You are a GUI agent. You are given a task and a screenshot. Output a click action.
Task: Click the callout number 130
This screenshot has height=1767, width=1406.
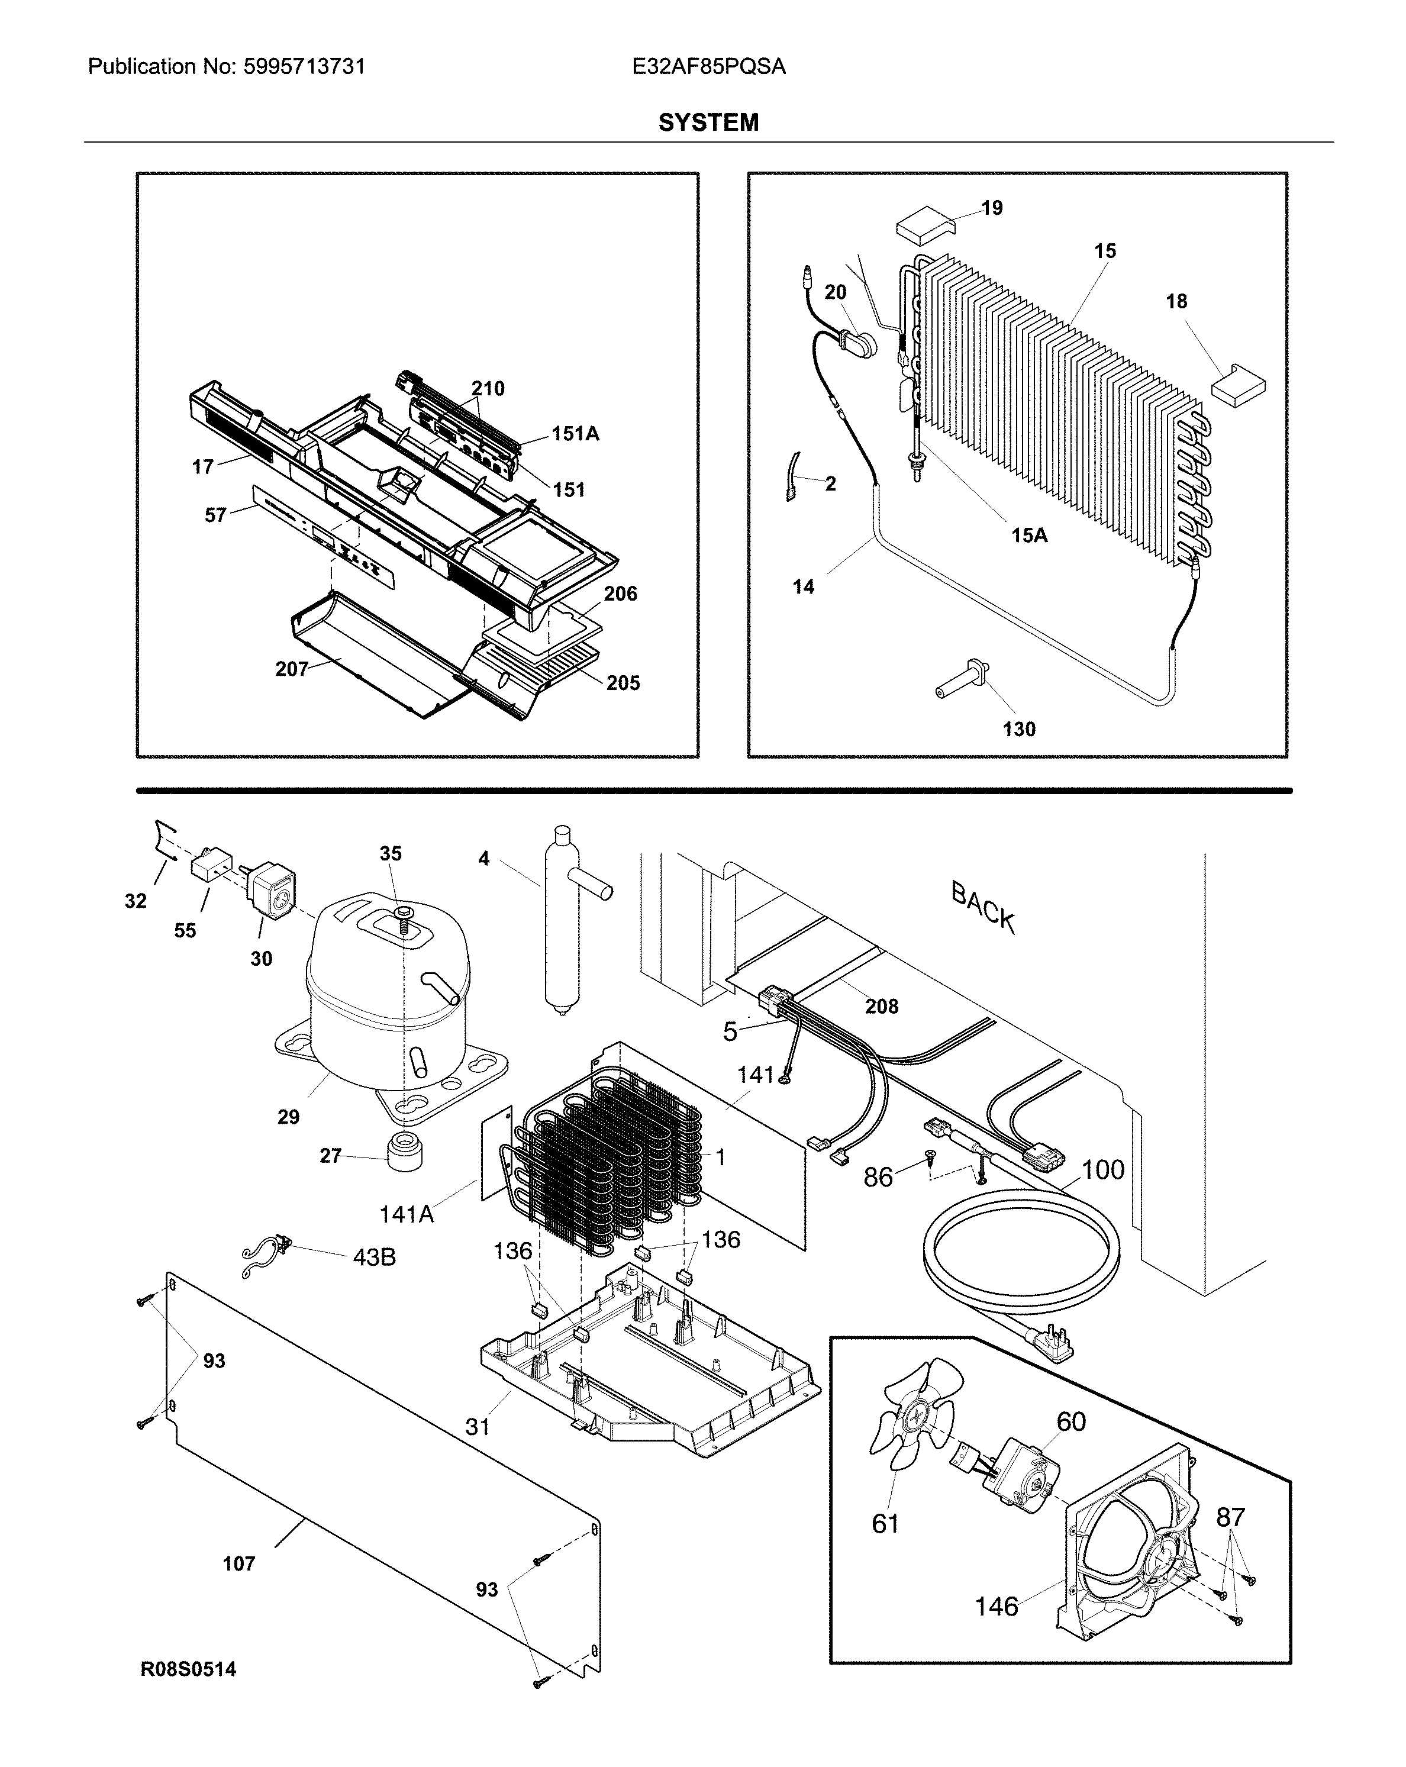tap(1018, 730)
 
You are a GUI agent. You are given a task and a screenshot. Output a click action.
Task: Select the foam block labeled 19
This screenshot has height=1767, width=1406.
tap(923, 224)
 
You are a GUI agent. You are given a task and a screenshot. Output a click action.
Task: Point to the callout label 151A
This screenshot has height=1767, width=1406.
tap(575, 434)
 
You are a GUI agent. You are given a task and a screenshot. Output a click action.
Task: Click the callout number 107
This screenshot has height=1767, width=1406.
tap(238, 1564)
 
